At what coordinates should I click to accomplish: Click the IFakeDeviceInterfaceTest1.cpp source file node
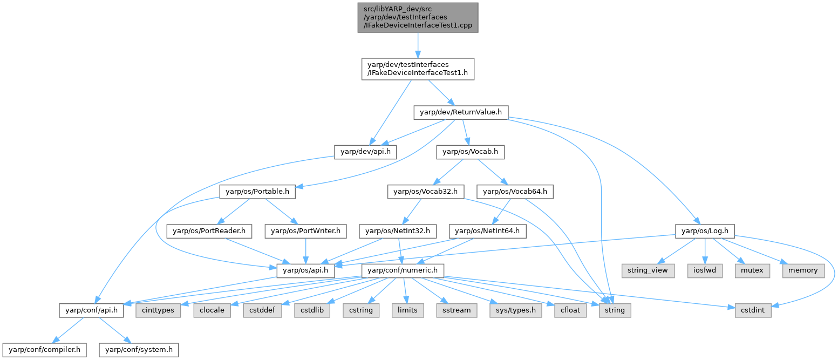click(418, 17)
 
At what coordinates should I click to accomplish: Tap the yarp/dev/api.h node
click(365, 152)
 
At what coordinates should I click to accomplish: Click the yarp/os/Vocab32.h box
click(425, 191)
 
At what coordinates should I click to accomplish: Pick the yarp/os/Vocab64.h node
click(515, 191)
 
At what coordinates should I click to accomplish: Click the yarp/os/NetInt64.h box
click(487, 231)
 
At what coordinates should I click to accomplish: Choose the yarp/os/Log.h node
click(704, 231)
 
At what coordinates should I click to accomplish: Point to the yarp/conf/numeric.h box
click(403, 270)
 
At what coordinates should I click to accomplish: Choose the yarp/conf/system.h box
click(138, 350)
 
